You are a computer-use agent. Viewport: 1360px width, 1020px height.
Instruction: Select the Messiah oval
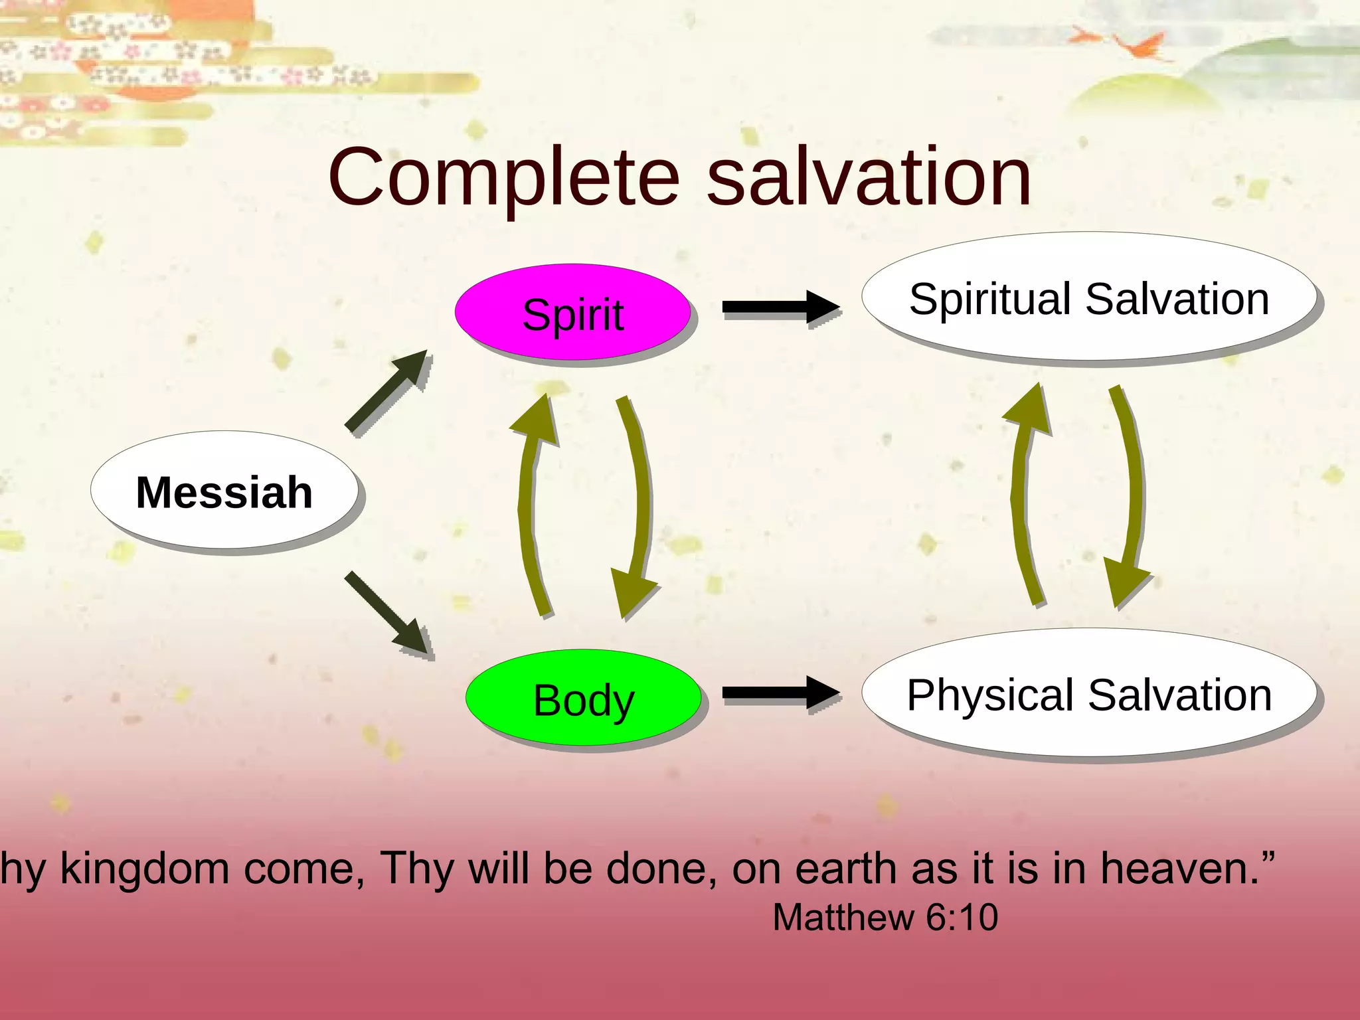tap(224, 491)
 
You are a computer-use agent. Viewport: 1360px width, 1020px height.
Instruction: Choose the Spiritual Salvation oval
tap(1089, 297)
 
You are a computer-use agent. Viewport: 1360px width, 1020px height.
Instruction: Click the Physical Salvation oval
tap(1089, 695)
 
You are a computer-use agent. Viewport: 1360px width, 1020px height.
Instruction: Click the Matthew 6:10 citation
tap(885, 918)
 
